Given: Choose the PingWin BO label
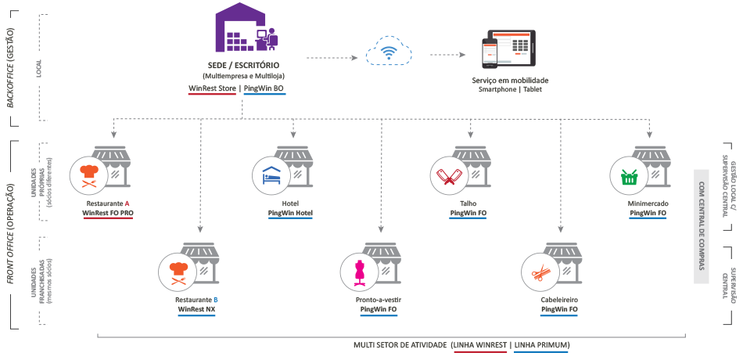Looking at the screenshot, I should (265, 88).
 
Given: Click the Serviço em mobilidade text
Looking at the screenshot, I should (510, 81).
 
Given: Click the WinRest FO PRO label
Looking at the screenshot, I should (108, 212).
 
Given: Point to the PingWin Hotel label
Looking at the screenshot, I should (290, 212).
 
